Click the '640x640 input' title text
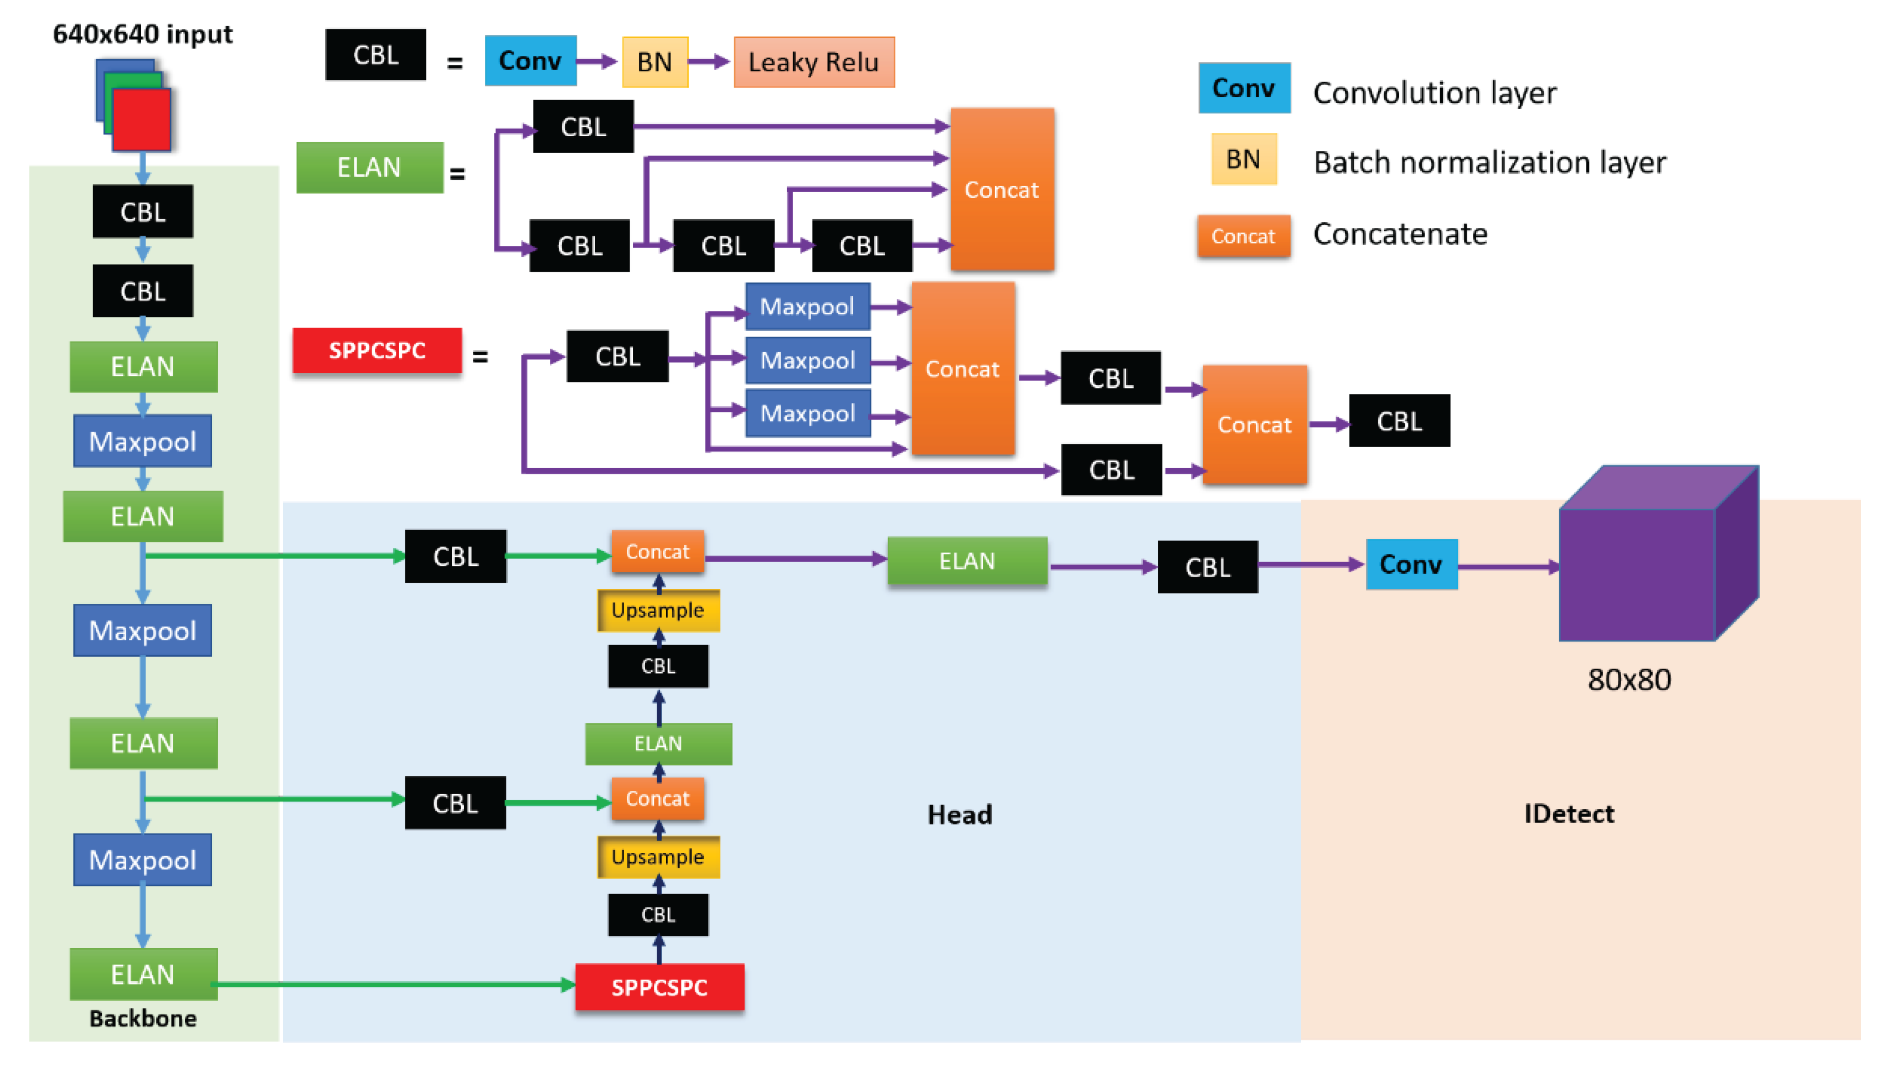pos(142,34)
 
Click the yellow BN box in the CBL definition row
pos(654,63)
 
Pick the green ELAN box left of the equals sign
pos(369,168)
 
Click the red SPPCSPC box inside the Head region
pos(658,987)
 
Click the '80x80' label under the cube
pos(1628,680)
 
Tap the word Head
pos(959,814)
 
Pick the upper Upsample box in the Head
pos(658,610)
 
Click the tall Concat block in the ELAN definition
pos(1002,190)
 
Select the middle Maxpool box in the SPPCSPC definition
pos(807,360)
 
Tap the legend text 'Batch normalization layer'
pos(1489,162)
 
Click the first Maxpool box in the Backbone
pos(142,441)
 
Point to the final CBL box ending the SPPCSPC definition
pos(1398,421)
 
